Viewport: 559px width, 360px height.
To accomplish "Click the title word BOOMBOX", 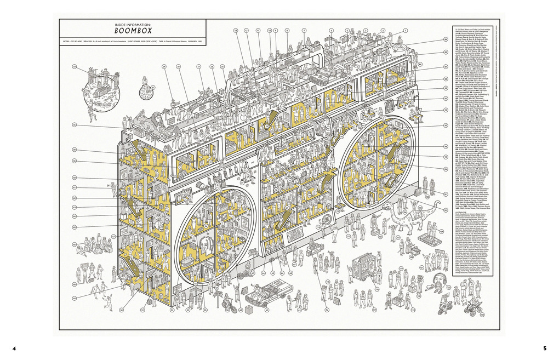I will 132,32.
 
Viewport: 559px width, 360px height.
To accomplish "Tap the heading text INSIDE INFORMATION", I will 132,25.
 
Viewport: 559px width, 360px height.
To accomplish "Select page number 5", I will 545,348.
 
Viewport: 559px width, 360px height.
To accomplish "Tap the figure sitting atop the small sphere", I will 145,81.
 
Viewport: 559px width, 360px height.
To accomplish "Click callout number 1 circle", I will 406,31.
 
